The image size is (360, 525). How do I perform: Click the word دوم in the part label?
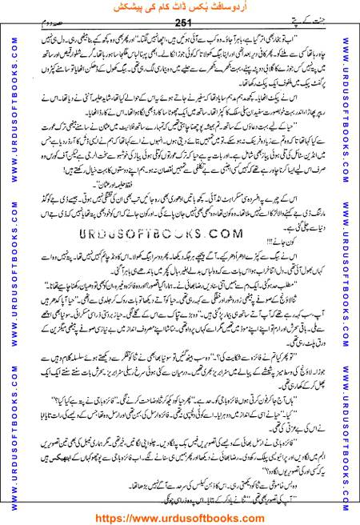click(38, 25)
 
